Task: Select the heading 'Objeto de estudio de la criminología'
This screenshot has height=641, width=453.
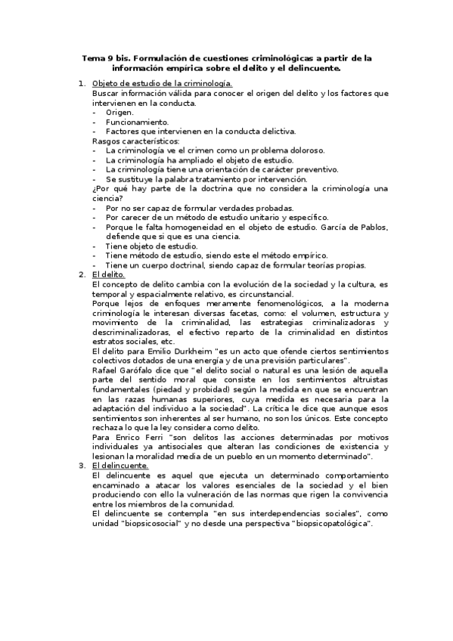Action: (x=162, y=83)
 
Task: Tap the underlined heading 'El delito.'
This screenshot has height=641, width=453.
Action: (x=109, y=274)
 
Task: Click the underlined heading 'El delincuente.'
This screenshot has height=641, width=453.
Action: (x=120, y=466)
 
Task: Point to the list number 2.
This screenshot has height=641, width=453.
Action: (x=82, y=274)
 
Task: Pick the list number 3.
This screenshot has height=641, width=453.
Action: (x=82, y=466)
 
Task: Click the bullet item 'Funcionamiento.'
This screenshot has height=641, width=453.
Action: (x=138, y=122)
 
